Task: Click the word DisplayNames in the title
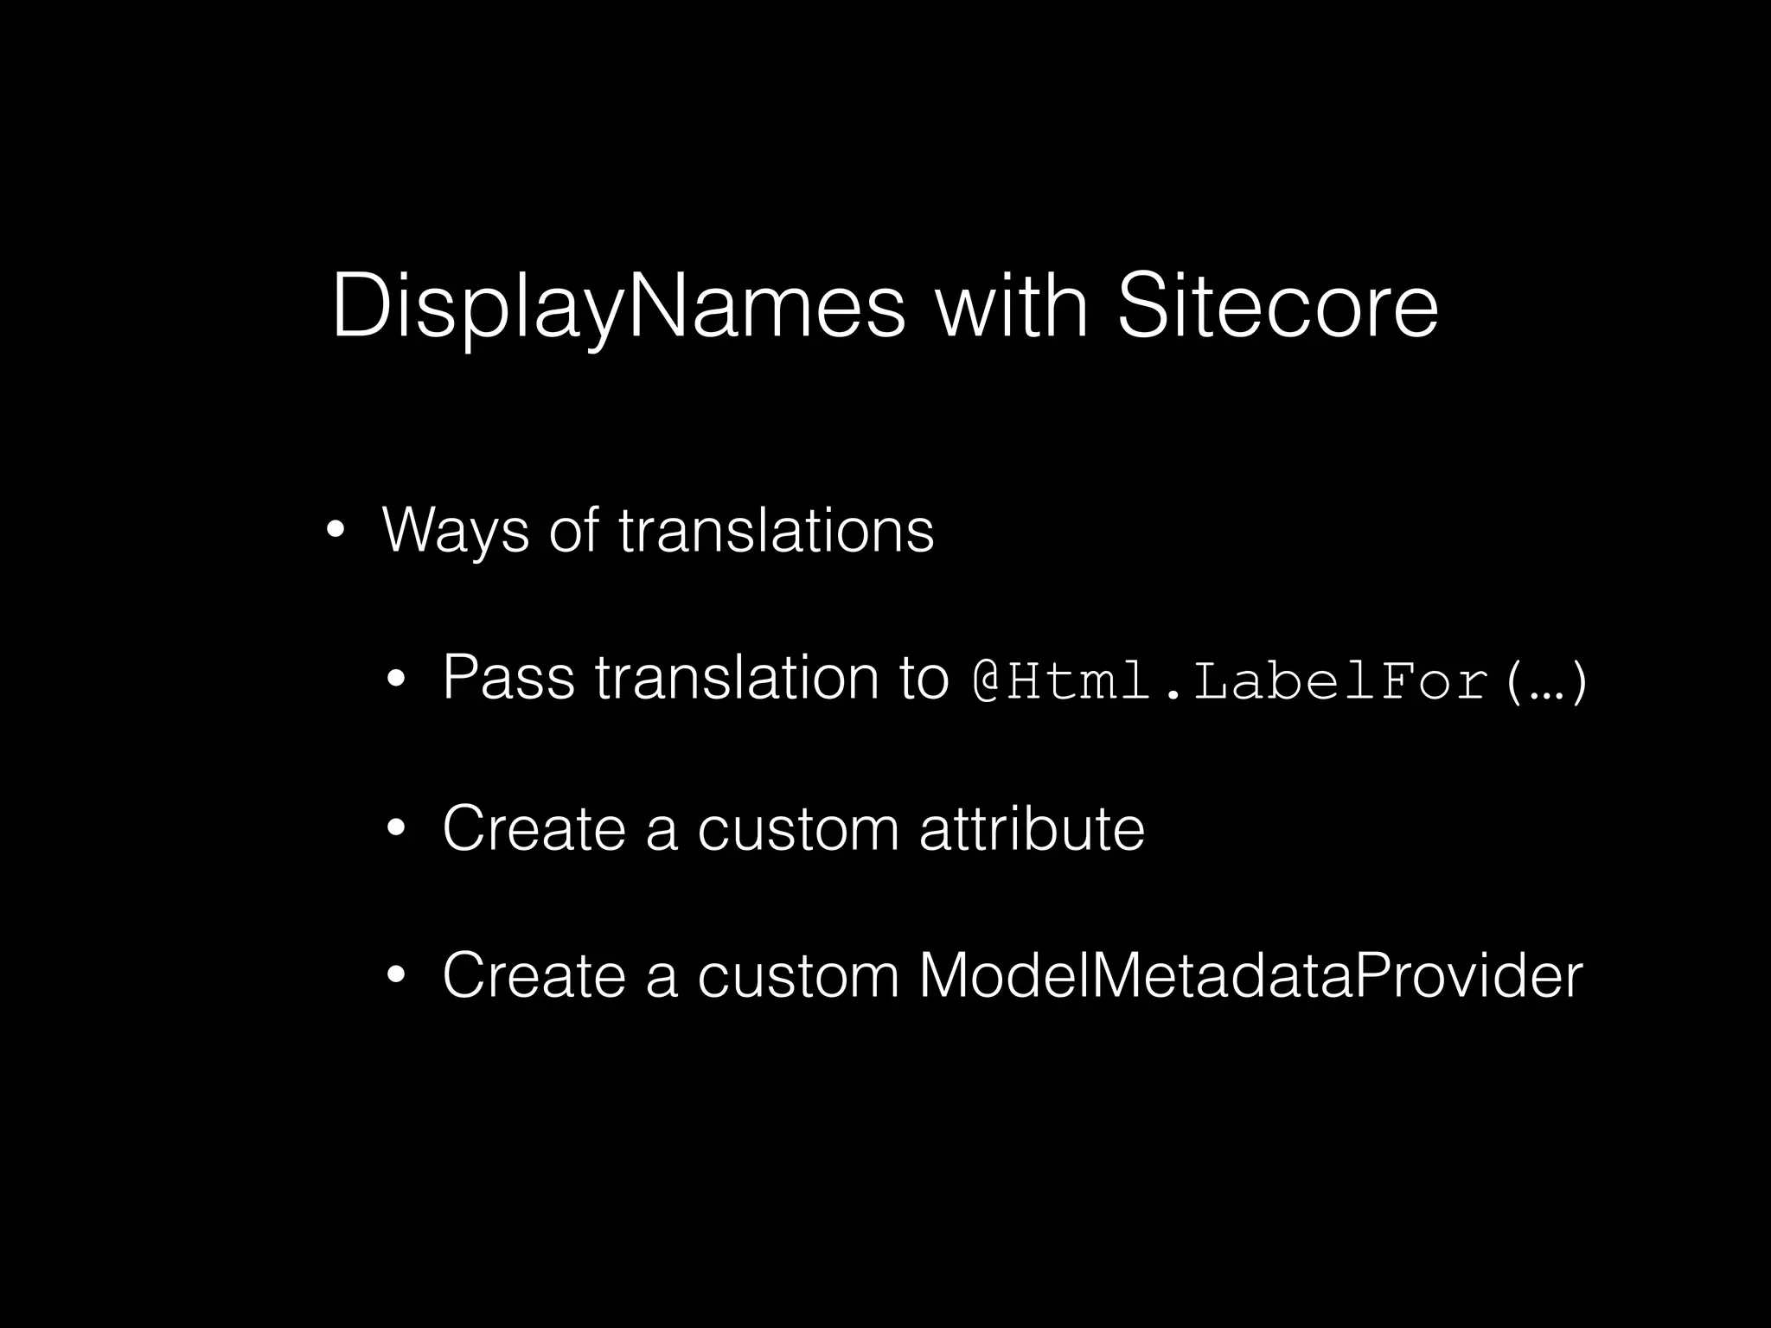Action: click(x=617, y=307)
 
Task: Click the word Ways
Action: click(x=455, y=530)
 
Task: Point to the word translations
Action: click(x=776, y=529)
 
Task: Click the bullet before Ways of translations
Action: click(x=336, y=529)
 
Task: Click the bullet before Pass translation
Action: click(x=396, y=678)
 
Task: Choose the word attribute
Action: click(x=1032, y=828)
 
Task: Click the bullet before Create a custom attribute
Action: click(x=396, y=828)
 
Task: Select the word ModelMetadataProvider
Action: click(x=1250, y=975)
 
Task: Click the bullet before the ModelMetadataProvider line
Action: click(x=396, y=975)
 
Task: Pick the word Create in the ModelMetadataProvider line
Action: click(x=533, y=975)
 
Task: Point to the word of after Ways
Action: click(x=572, y=529)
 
